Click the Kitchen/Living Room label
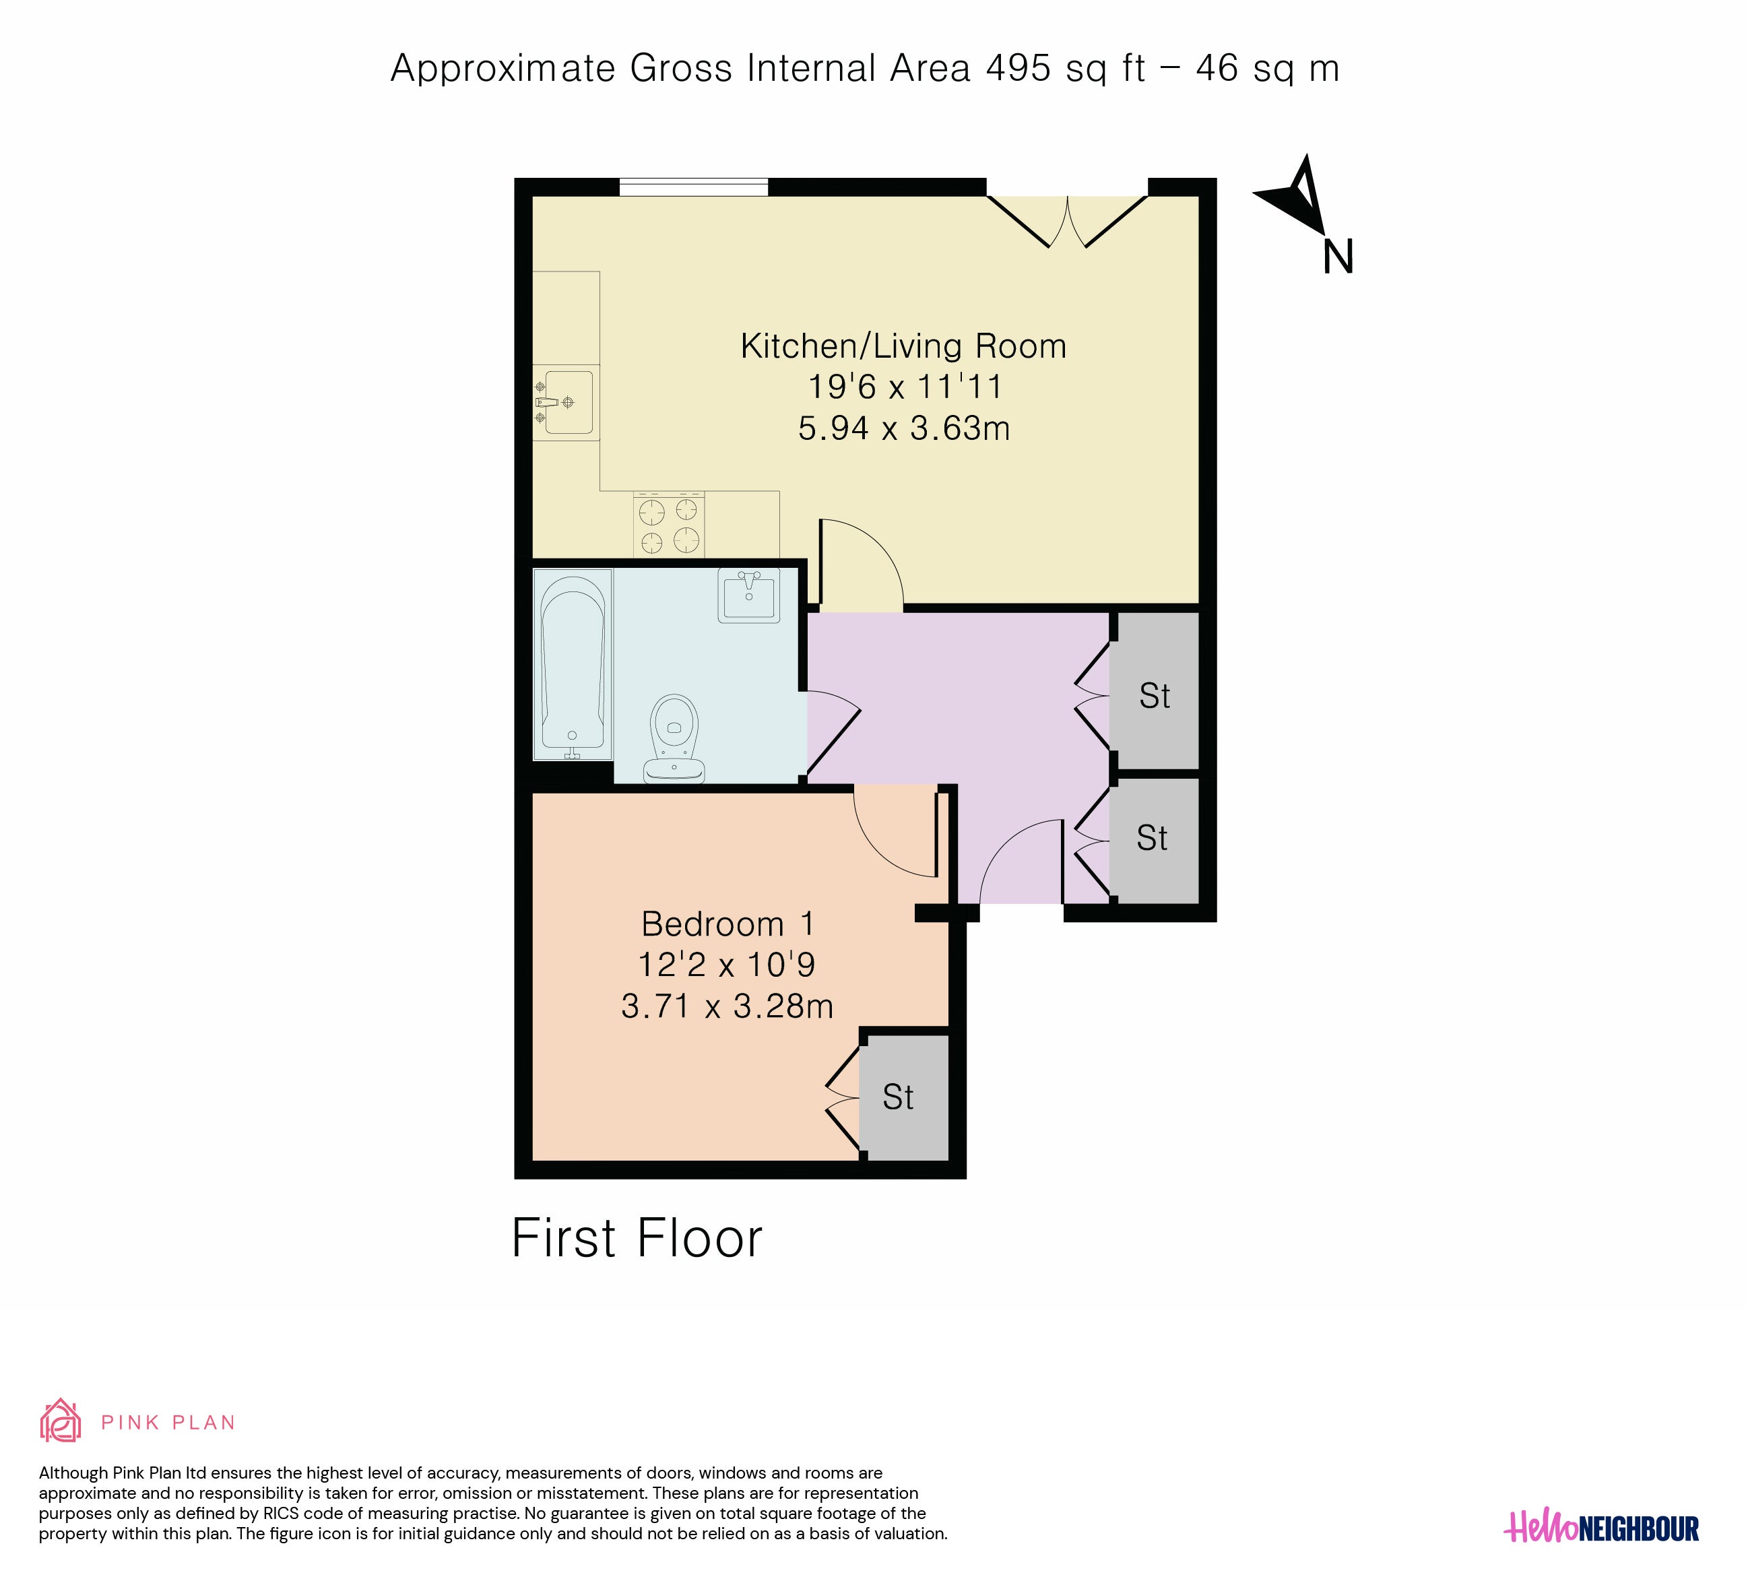point(903,346)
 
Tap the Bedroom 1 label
point(727,924)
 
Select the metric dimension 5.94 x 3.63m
point(903,428)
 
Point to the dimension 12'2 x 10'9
point(727,965)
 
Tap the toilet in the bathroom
point(674,738)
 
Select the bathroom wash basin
point(748,595)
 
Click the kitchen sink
point(567,403)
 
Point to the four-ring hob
point(669,525)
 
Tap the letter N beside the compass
point(1338,257)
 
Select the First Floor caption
point(637,1238)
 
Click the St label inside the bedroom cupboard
point(898,1097)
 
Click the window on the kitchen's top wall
point(694,187)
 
